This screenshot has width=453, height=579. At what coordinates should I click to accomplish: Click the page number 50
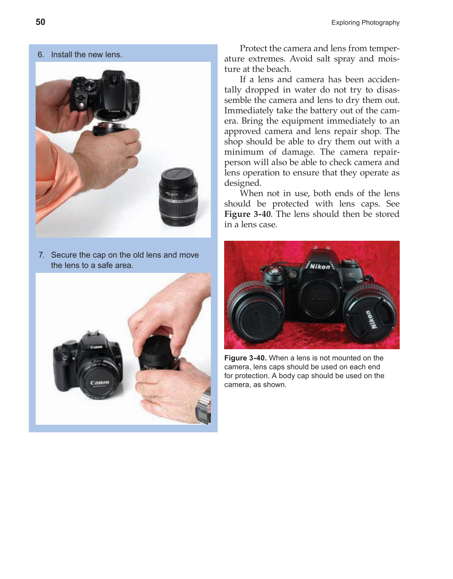pyautogui.click(x=40, y=22)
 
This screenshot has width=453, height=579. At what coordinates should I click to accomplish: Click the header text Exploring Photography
pyautogui.click(x=365, y=23)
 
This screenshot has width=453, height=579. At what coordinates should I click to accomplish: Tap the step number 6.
pyautogui.click(x=40, y=55)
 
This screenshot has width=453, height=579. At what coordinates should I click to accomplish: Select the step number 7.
pyautogui.click(x=41, y=255)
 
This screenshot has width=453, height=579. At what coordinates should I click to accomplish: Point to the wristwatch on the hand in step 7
pyautogui.click(x=203, y=408)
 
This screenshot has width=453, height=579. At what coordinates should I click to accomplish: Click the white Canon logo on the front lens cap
pyautogui.click(x=100, y=382)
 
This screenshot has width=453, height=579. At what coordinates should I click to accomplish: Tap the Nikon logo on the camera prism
pyautogui.click(x=320, y=267)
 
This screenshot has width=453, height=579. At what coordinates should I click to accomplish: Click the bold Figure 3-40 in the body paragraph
pyautogui.click(x=247, y=214)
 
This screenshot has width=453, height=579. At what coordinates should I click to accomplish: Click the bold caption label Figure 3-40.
pyautogui.click(x=245, y=358)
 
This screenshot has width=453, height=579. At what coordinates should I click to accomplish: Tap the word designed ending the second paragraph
pyautogui.click(x=242, y=183)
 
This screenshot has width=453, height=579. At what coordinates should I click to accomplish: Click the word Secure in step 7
pyautogui.click(x=63, y=255)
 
